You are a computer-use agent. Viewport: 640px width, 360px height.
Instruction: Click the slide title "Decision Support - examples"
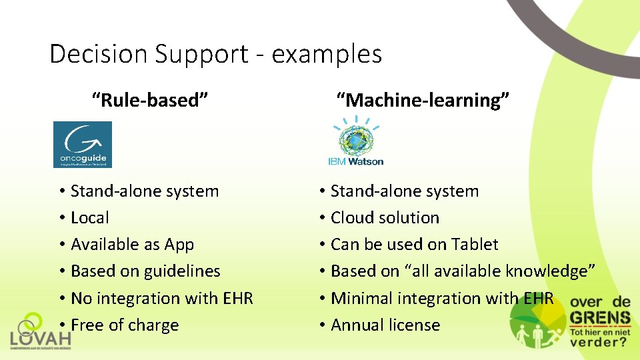point(215,53)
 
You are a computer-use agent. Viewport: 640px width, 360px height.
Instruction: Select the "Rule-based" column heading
point(150,101)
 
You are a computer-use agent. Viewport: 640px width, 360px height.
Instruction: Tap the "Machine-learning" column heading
point(423,101)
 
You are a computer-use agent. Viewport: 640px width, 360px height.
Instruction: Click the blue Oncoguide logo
point(83,144)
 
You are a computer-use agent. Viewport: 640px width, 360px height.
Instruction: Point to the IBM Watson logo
point(355,141)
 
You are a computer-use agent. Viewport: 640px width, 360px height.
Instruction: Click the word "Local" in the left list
point(89,218)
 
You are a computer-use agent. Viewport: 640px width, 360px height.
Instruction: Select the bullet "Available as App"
point(132,245)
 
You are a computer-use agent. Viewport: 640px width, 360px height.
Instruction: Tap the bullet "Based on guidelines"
point(145,271)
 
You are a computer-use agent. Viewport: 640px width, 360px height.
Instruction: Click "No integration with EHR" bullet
point(161,298)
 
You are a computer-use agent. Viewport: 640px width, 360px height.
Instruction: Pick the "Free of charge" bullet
point(124,325)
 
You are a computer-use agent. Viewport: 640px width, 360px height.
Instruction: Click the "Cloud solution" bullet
point(385,218)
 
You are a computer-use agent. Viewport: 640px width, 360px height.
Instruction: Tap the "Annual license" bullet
point(385,325)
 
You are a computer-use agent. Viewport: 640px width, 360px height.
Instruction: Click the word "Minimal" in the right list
point(361,298)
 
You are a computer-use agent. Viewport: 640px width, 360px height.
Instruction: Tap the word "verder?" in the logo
point(598,343)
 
